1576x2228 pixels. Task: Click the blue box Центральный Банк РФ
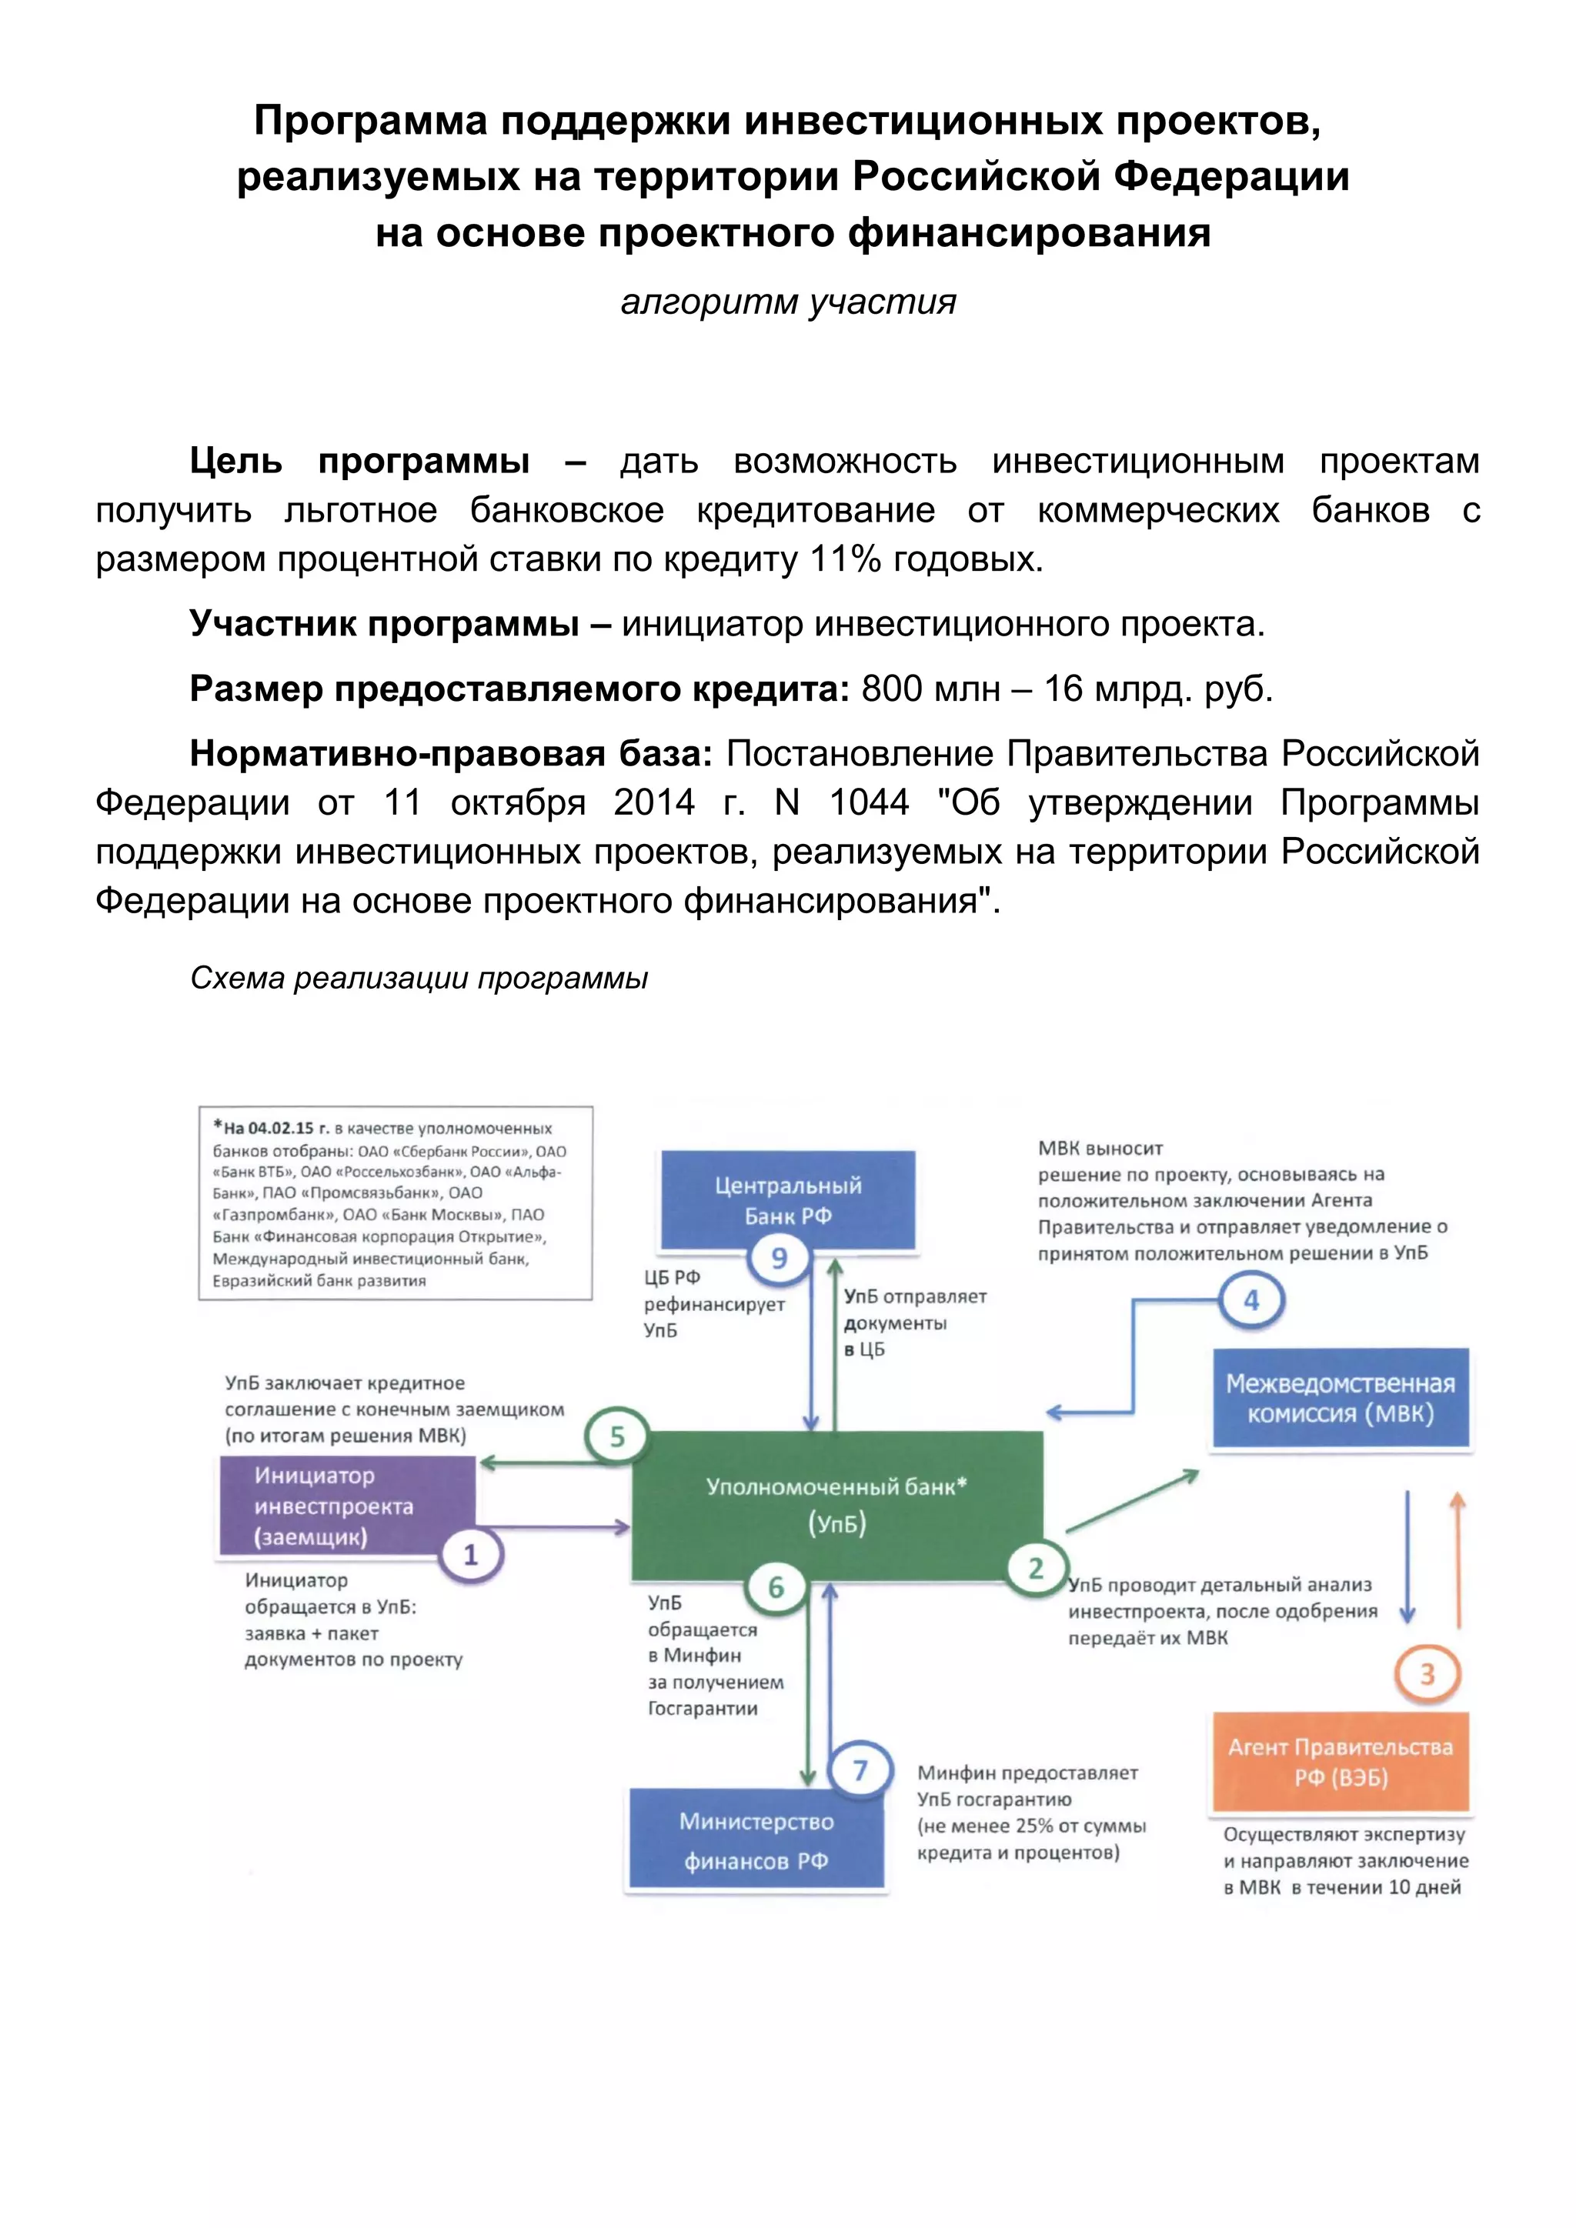(x=787, y=1200)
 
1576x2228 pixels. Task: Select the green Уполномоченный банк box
(x=836, y=1505)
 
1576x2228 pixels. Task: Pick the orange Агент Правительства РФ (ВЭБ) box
(x=1341, y=1763)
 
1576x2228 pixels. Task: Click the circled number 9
(x=778, y=1259)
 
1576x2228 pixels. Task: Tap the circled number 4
(x=1251, y=1300)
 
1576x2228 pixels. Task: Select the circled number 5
(x=617, y=1437)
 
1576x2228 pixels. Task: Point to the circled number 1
(x=471, y=1556)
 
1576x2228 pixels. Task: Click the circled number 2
(x=1036, y=1568)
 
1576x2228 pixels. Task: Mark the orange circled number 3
(x=1427, y=1674)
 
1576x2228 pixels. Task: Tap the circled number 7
(x=860, y=1771)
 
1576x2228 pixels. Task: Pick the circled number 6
(x=776, y=1588)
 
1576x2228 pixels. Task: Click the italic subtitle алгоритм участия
(x=788, y=302)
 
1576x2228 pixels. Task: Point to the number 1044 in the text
(x=869, y=802)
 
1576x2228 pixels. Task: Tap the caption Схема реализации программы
(x=419, y=978)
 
